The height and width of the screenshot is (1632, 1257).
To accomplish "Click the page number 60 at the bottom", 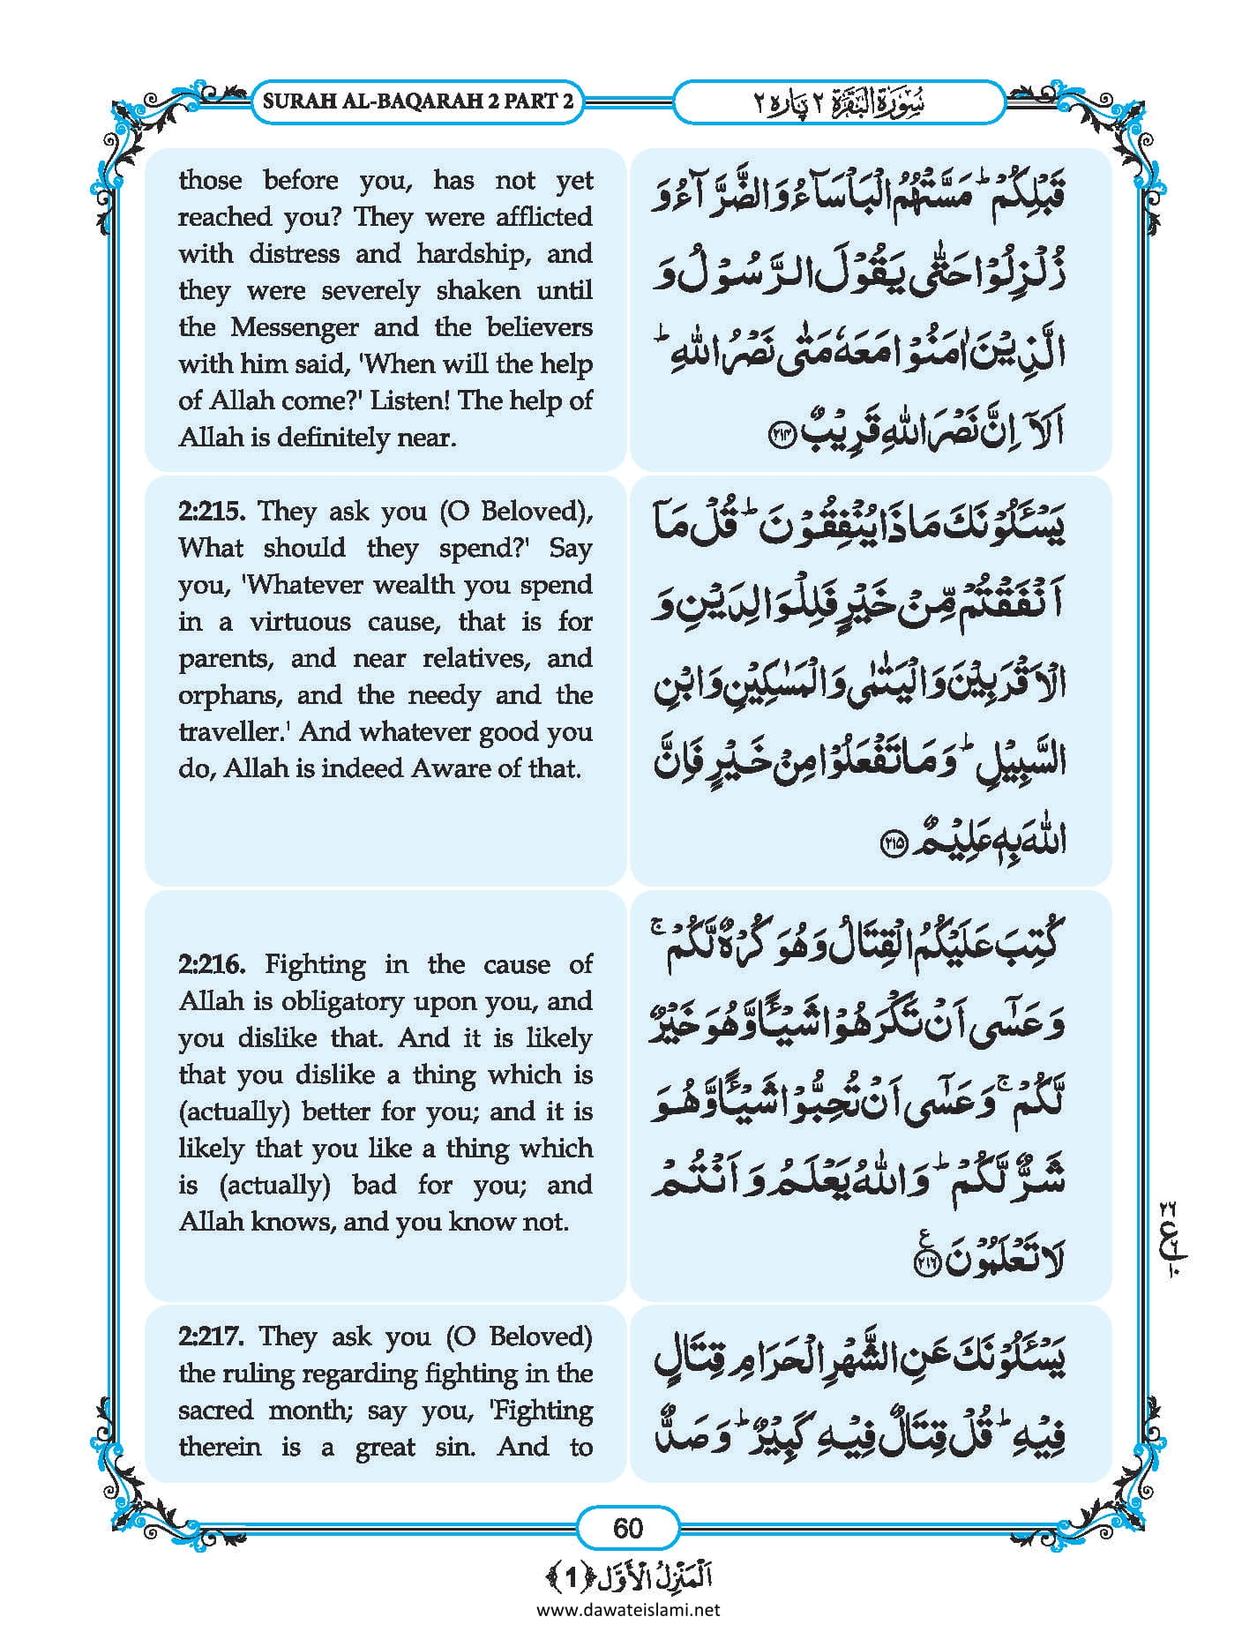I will pyautogui.click(x=627, y=1527).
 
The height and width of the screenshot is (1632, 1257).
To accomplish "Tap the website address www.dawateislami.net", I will pyautogui.click(x=628, y=1610).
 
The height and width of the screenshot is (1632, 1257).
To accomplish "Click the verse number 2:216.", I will pyautogui.click(x=213, y=964).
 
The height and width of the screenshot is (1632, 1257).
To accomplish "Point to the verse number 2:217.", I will pyautogui.click(x=211, y=1337).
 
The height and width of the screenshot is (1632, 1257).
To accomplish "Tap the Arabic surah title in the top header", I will pyautogui.click(x=838, y=102).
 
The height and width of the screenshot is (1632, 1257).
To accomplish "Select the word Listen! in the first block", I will pyautogui.click(x=410, y=401).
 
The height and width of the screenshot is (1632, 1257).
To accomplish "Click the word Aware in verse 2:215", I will pyautogui.click(x=450, y=768).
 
